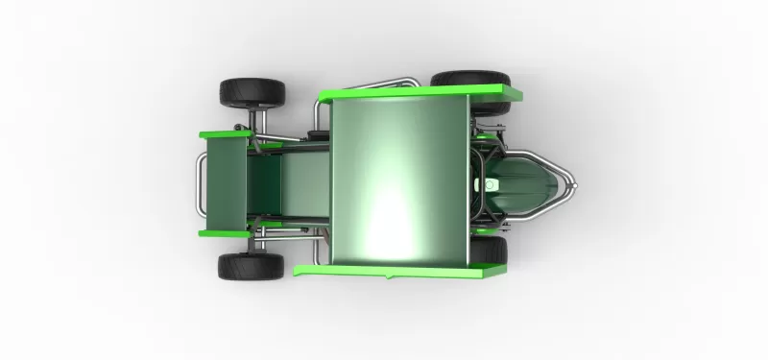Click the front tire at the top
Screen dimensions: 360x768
tap(252, 92)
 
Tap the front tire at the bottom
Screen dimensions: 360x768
tap(251, 266)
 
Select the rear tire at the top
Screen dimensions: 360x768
tap(470, 80)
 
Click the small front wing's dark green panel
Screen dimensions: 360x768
tap(227, 182)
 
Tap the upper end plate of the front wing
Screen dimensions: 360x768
tap(228, 134)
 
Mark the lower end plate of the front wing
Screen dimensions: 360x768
tap(228, 232)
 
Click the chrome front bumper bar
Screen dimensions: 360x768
tap(198, 182)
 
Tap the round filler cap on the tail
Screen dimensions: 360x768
tap(492, 182)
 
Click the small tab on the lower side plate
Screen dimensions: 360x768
tap(388, 277)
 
